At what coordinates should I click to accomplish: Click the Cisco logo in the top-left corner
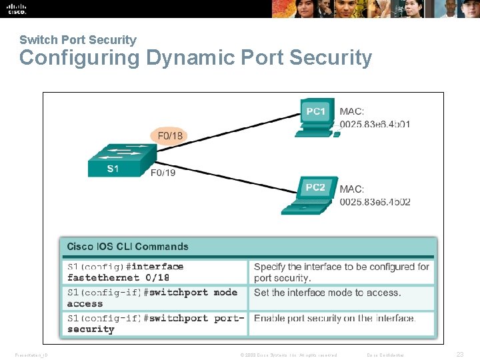(x=16, y=9)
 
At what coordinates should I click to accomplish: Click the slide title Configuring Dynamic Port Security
(x=195, y=58)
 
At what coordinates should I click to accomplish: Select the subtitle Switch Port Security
(x=77, y=40)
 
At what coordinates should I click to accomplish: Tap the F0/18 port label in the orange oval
(x=169, y=136)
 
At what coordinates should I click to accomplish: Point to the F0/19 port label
(x=163, y=173)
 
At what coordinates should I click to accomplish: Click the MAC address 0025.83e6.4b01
(x=375, y=124)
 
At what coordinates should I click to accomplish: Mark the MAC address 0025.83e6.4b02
(x=375, y=201)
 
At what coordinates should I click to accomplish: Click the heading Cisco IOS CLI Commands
(x=127, y=247)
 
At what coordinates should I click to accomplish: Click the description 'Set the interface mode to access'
(x=327, y=293)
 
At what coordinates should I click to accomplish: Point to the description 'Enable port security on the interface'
(x=335, y=319)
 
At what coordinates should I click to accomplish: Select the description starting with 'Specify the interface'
(x=341, y=272)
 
